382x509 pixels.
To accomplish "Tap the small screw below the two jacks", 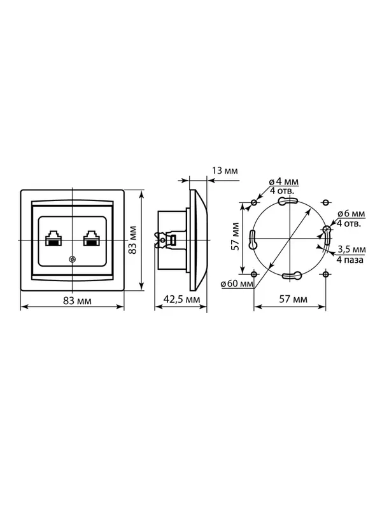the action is pyautogui.click(x=72, y=259).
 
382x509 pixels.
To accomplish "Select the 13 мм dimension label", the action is pyautogui.click(x=225, y=171).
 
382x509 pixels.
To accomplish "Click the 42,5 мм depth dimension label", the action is pyautogui.click(x=181, y=299).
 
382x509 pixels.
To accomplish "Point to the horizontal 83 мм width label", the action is pyautogui.click(x=77, y=301).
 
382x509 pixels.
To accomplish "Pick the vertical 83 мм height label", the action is pyautogui.click(x=133, y=240).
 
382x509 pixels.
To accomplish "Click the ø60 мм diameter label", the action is pyautogui.click(x=237, y=284).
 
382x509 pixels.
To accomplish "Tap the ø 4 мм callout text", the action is pyautogui.click(x=283, y=181).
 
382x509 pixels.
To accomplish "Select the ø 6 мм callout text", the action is pyautogui.click(x=351, y=214).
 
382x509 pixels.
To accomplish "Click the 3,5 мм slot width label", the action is pyautogui.click(x=352, y=249).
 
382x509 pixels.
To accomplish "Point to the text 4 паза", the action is pyautogui.click(x=350, y=260).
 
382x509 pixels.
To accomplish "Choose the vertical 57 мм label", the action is pyautogui.click(x=236, y=236).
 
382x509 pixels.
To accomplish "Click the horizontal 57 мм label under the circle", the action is pyautogui.click(x=293, y=299).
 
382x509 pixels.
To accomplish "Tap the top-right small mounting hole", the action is pyautogui.click(x=325, y=202).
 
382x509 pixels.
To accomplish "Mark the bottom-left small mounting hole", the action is pyautogui.click(x=254, y=274).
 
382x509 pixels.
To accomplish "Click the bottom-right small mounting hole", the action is pyautogui.click(x=325, y=274).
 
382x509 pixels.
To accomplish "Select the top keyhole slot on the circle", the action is pyautogui.click(x=288, y=201).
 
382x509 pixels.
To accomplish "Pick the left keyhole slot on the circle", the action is pyautogui.click(x=252, y=240).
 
